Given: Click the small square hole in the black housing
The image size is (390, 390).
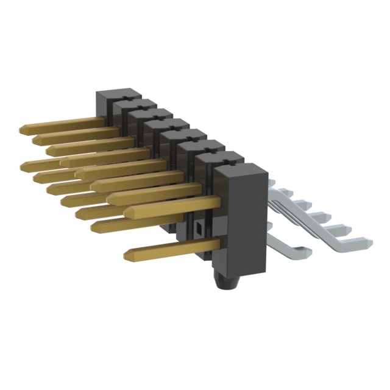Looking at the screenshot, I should (x=199, y=229).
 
